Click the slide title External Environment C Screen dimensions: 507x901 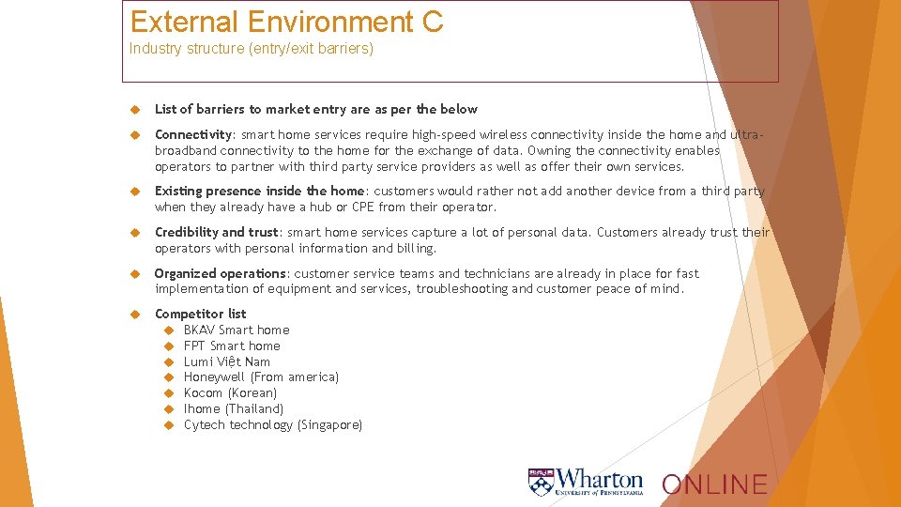(286, 22)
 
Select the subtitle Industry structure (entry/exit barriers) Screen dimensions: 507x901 (252, 48)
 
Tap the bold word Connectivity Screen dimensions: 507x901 (193, 134)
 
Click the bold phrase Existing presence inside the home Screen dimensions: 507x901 (259, 191)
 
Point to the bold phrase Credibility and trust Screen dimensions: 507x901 (217, 232)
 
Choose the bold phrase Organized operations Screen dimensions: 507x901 (221, 273)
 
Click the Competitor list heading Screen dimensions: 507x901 (200, 314)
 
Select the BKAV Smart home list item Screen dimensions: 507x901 (237, 330)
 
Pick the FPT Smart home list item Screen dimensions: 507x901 (232, 346)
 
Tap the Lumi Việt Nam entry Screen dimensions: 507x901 (227, 361)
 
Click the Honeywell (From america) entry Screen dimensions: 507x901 (261, 376)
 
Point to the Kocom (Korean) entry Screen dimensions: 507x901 (230, 392)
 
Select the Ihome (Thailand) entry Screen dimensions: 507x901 (234, 408)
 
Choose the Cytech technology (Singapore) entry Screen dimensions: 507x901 (273, 424)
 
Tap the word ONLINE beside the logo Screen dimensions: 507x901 (714, 484)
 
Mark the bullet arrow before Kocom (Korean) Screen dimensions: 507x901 (170, 392)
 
